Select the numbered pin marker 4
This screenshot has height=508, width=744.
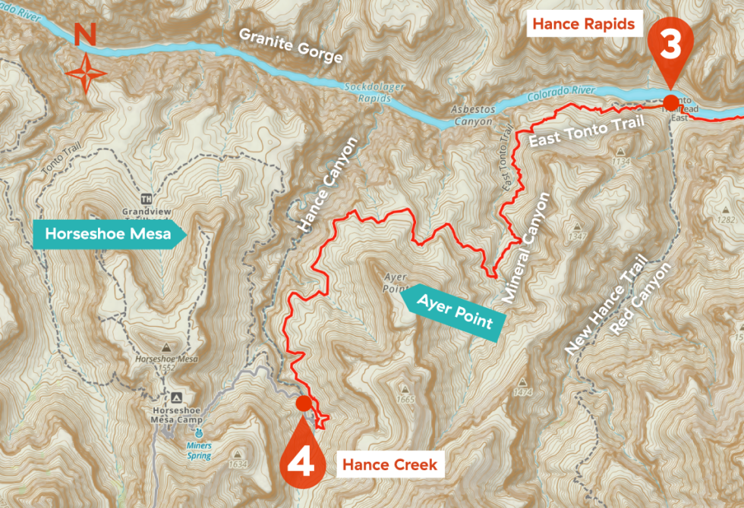click(x=301, y=453)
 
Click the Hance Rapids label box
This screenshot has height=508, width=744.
click(x=583, y=24)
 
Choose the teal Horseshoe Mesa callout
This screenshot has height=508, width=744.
click(x=107, y=234)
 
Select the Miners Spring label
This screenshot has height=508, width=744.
click(x=200, y=450)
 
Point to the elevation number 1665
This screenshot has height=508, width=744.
click(x=406, y=400)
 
